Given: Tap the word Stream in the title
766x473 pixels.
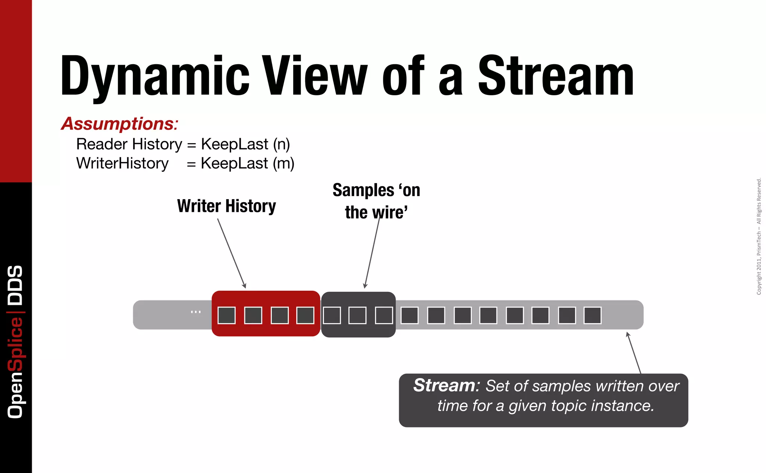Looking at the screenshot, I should [556, 75].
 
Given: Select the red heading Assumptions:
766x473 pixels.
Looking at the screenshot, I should [120, 124].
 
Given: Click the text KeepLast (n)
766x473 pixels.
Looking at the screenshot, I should [245, 144].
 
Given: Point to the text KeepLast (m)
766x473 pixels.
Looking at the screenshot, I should [247, 163].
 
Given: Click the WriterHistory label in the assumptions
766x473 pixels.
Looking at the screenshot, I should [122, 163].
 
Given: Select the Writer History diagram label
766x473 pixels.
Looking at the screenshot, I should [226, 206].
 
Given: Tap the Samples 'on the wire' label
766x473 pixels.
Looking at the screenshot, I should [376, 201].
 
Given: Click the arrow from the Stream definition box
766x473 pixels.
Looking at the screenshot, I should [634, 353].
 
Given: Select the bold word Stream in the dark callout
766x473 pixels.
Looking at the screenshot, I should [444, 385].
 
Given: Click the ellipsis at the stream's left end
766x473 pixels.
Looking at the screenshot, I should [196, 312].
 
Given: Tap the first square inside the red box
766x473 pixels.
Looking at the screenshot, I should [227, 316].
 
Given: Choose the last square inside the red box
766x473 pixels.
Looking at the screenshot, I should [305, 316].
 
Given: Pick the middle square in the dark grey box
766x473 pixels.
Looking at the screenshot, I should [358, 316].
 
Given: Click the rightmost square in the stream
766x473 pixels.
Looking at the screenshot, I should [592, 316].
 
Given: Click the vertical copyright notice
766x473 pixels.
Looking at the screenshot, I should [759, 236].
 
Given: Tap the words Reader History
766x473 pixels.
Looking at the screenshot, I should [129, 144].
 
